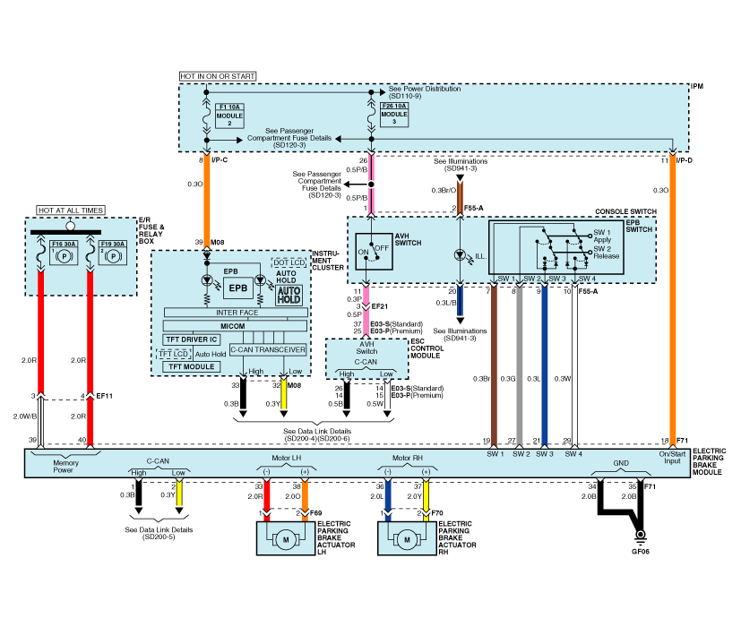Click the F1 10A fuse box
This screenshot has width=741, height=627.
pyautogui.click(x=229, y=115)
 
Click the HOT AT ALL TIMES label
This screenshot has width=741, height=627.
pyautogui.click(x=71, y=210)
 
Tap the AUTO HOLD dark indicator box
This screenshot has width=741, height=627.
pyautogui.click(x=289, y=295)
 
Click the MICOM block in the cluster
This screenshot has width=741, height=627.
pyautogui.click(x=234, y=325)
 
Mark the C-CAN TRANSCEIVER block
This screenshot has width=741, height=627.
pyautogui.click(x=269, y=349)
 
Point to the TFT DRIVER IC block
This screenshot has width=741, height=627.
pyautogui.click(x=192, y=339)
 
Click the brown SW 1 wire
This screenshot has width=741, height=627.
pyautogui.click(x=494, y=367)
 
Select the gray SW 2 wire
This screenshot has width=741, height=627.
pyautogui.click(x=519, y=367)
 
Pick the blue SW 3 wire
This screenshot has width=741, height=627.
pyautogui.click(x=544, y=367)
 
